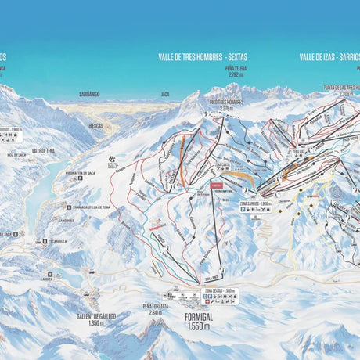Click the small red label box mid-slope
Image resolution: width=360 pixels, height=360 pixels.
216,185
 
